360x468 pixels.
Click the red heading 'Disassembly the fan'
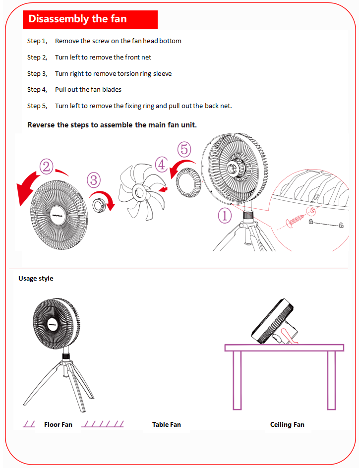[x=78, y=19]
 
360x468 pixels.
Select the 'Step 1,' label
[x=37, y=41]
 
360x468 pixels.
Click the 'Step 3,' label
[x=37, y=73]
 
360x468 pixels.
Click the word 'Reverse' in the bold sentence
[x=41, y=125]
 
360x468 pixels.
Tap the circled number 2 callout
[x=47, y=167]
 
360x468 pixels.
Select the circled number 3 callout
[x=94, y=180]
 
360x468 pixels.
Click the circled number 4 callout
[x=161, y=164]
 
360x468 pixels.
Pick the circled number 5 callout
[x=184, y=149]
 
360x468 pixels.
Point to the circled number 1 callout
[x=225, y=215]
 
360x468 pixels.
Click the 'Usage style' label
[x=36, y=279]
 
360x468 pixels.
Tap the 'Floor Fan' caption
[x=58, y=424]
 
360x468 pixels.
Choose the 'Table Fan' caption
[x=166, y=424]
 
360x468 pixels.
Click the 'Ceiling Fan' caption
[x=287, y=424]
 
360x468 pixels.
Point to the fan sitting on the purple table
[x=274, y=323]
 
